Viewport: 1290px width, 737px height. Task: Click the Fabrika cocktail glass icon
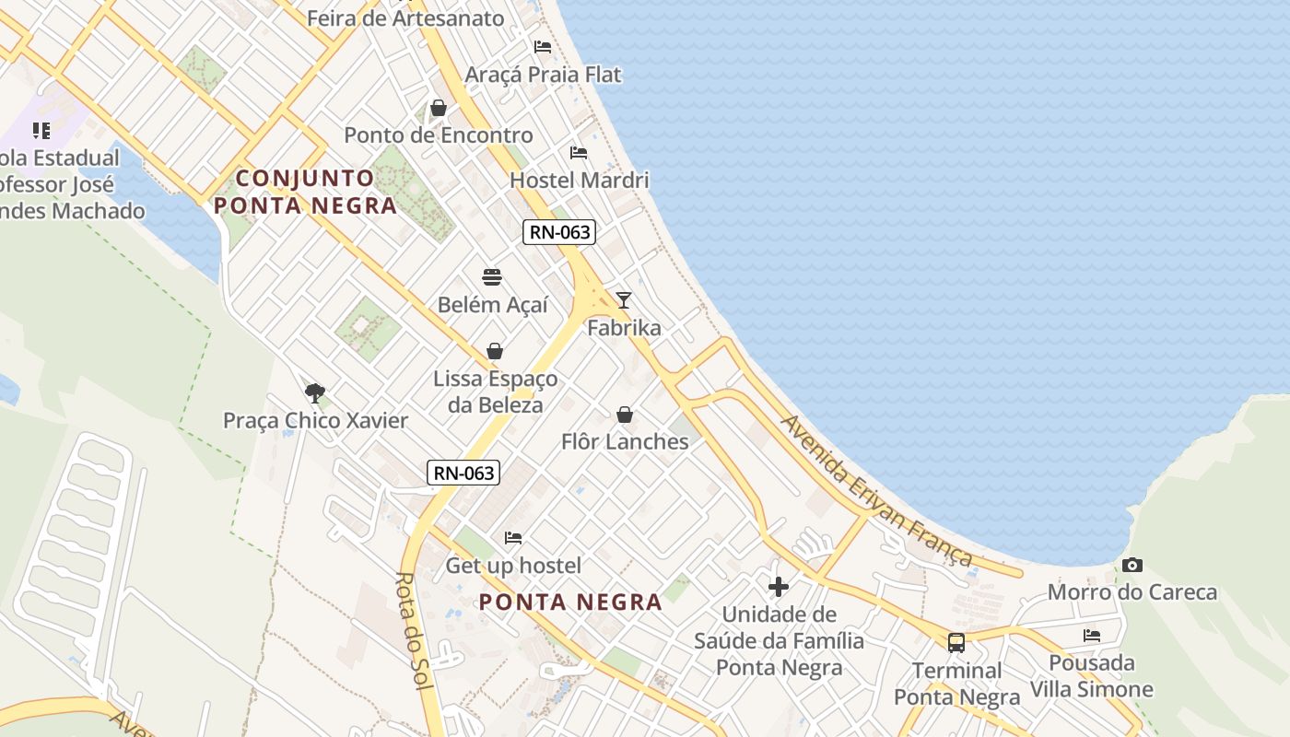(624, 299)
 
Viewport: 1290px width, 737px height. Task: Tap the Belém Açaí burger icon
(492, 277)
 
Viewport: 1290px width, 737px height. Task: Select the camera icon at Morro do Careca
(1132, 565)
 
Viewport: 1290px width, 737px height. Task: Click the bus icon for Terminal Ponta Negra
(956, 642)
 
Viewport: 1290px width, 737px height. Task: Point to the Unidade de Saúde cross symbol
(779, 586)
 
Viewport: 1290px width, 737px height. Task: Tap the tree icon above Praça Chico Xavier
(315, 393)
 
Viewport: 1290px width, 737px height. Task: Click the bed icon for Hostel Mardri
(579, 152)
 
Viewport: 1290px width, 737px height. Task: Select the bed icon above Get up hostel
(513, 537)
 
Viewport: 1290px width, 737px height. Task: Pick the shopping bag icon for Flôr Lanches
(625, 415)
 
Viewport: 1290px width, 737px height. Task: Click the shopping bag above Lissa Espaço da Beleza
(495, 351)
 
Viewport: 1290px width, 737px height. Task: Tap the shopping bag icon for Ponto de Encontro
(439, 108)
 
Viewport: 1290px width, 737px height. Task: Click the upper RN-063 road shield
(559, 232)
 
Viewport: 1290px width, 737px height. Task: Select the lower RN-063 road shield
(464, 474)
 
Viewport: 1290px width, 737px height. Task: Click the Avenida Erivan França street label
(876, 491)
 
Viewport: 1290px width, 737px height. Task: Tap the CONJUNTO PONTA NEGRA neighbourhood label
(306, 192)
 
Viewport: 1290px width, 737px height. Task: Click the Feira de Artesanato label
(405, 18)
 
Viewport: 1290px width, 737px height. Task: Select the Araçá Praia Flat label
(544, 75)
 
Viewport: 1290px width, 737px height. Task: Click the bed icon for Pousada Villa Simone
(1092, 635)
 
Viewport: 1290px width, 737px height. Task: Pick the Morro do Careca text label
(1132, 592)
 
